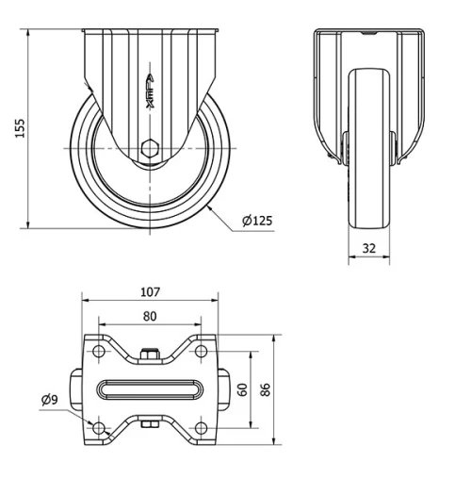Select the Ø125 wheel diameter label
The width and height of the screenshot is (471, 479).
tap(257, 221)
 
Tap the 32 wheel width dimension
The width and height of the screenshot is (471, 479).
tap(368, 249)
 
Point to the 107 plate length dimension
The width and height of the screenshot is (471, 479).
tap(150, 292)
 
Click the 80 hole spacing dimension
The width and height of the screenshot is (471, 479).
tap(150, 317)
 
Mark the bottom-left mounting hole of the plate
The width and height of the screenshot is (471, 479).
tap(100, 430)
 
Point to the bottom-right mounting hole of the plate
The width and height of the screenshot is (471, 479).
tap(200, 430)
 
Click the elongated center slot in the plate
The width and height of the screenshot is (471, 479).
tap(150, 390)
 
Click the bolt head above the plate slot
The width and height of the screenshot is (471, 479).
tap(150, 355)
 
